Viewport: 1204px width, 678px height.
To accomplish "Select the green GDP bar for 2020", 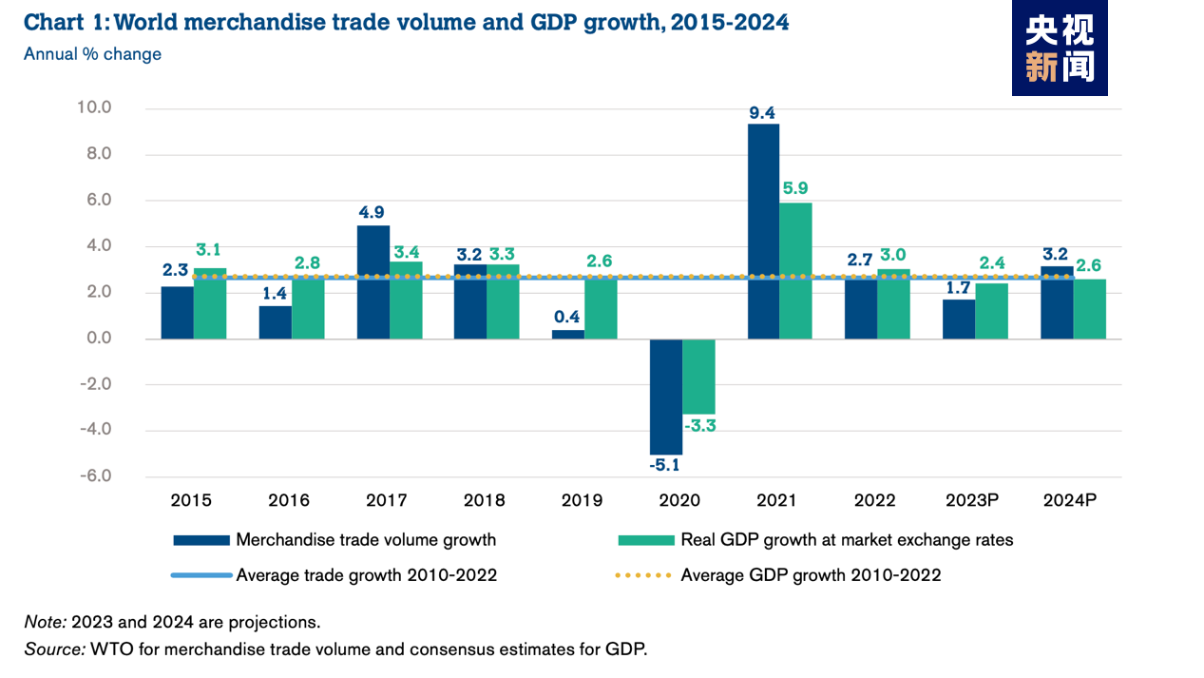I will click(698, 376).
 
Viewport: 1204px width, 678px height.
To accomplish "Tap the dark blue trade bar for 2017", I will click(373, 281).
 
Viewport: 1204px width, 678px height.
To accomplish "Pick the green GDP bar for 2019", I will click(601, 307).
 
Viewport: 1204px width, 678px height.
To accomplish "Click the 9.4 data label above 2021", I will click(762, 114).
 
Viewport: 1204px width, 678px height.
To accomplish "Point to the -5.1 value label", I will click(665, 466).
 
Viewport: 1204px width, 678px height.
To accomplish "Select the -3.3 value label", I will click(699, 426).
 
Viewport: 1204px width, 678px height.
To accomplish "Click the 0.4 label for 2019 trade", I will click(568, 317).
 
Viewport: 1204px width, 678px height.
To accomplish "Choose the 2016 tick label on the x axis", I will click(289, 500).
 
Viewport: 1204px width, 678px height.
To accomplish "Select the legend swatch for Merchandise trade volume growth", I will click(201, 540).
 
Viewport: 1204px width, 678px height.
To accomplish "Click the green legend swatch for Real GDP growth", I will click(645, 540).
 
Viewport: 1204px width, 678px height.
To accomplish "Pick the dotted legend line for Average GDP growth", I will click(645, 575).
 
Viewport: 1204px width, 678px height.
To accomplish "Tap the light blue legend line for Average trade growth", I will click(201, 575).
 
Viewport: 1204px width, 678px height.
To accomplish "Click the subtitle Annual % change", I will click(92, 54).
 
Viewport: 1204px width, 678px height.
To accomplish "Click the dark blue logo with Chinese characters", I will click(1059, 48).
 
